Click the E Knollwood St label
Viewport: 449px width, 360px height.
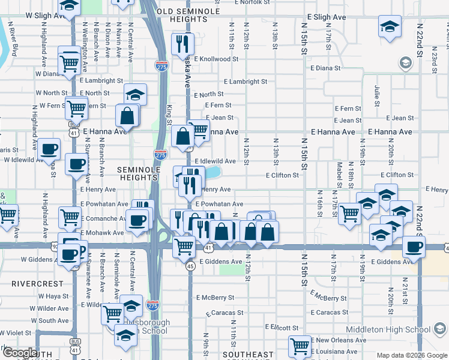pyautogui.click(x=216, y=59)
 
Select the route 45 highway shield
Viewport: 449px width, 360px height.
pyautogui.click(x=190, y=266)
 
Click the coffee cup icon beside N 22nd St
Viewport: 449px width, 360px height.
pyautogui.click(x=414, y=246)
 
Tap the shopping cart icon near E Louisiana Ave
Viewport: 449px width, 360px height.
pyautogui.click(x=299, y=345)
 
